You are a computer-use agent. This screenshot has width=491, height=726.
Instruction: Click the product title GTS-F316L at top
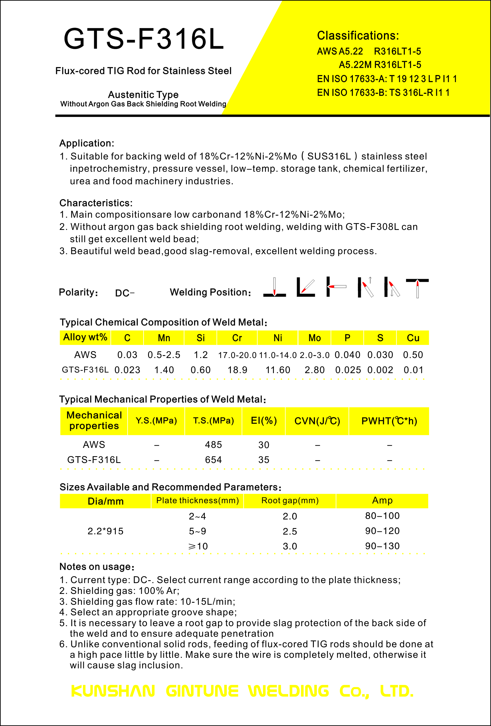click(x=144, y=39)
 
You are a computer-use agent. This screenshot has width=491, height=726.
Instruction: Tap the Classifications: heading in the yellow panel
click(x=358, y=36)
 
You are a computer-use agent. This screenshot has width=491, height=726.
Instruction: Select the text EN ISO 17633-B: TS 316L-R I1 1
click(x=383, y=93)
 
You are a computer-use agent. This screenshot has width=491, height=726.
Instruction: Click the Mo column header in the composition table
click(x=314, y=338)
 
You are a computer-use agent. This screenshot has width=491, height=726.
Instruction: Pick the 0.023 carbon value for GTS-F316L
click(x=127, y=370)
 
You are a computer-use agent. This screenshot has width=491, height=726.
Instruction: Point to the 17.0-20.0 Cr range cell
click(x=237, y=355)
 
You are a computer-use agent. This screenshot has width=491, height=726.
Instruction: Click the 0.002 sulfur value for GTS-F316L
click(x=380, y=370)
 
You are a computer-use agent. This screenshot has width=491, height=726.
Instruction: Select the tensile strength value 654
click(x=213, y=460)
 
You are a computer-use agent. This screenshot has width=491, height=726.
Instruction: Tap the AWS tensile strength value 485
click(x=213, y=444)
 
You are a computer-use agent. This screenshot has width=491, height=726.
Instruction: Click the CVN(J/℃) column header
click(x=317, y=421)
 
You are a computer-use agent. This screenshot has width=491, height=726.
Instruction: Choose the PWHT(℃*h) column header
click(x=389, y=421)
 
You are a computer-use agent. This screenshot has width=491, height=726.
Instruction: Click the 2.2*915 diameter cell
click(x=106, y=531)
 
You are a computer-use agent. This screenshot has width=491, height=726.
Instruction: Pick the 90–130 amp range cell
click(x=382, y=546)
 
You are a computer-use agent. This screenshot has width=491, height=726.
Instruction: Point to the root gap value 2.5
click(x=290, y=531)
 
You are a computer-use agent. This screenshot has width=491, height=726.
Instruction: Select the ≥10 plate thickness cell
click(x=198, y=546)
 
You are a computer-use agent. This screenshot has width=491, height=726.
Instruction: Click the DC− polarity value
click(x=125, y=293)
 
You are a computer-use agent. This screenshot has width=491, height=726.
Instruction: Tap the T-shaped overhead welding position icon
click(x=417, y=287)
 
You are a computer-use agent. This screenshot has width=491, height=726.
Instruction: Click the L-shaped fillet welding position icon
click(x=306, y=287)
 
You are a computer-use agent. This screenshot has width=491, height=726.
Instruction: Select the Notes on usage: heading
click(x=97, y=567)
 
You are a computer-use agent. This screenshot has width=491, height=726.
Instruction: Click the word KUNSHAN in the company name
click(x=113, y=691)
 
